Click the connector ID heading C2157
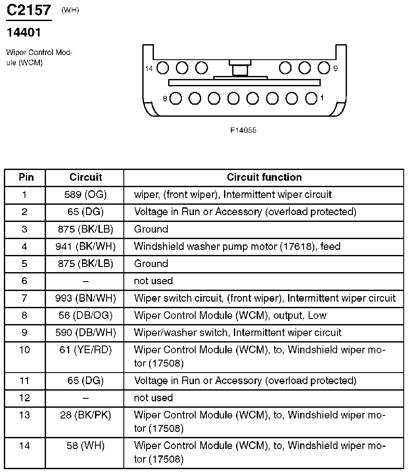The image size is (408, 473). (x=29, y=10)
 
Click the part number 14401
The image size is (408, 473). (x=23, y=32)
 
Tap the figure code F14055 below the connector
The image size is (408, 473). (x=243, y=130)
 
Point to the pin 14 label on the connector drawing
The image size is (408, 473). (x=149, y=68)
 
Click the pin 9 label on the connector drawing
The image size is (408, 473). (x=335, y=68)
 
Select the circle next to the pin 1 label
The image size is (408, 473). (x=311, y=98)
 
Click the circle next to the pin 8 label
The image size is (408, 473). (x=175, y=98)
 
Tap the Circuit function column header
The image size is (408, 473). (x=264, y=177)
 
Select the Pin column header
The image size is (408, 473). (x=25, y=177)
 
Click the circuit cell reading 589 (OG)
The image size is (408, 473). (x=86, y=194)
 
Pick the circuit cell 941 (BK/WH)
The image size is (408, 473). (x=86, y=246)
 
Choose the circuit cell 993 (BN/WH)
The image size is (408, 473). (x=86, y=298)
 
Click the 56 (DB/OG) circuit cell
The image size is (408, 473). (x=86, y=315)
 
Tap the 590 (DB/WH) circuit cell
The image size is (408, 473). (x=86, y=333)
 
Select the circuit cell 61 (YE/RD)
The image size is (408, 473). (x=86, y=350)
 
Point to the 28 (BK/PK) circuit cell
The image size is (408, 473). (x=86, y=415)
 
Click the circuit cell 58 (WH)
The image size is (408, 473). (x=86, y=446)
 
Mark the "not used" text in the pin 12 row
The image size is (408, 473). (x=153, y=398)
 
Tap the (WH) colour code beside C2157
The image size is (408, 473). (x=71, y=10)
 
